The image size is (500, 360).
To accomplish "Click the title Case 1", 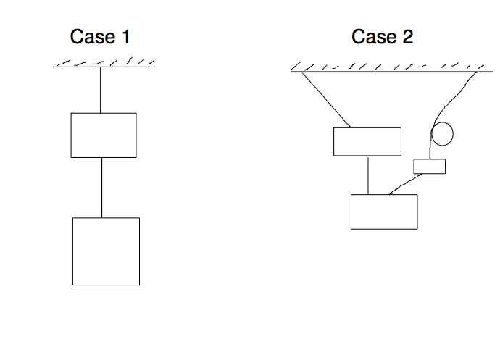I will (100, 36).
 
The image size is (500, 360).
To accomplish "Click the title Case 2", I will (382, 36).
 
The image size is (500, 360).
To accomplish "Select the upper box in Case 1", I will (103, 135).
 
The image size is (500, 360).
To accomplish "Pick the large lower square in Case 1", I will (106, 251).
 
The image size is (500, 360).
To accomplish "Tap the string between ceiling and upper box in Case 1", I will (101, 90).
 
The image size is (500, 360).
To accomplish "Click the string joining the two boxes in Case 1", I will (101, 187).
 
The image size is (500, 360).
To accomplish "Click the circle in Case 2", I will (442, 134).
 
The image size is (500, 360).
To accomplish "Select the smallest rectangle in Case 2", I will (429, 167).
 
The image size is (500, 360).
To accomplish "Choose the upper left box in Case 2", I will (367, 141).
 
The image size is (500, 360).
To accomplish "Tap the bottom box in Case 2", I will (384, 212).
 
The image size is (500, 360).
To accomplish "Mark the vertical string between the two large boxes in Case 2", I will (368, 175).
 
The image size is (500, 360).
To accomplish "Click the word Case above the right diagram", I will (370, 36).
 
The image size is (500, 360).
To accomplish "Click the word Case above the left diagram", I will (88, 36).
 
